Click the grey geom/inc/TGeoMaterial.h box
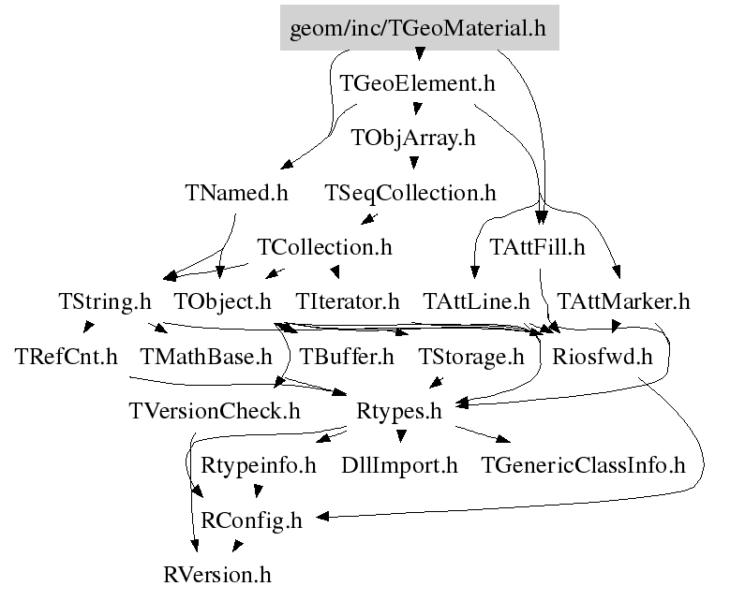click(x=418, y=27)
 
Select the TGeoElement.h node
click(x=417, y=83)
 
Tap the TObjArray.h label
click(x=413, y=139)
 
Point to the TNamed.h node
click(x=236, y=194)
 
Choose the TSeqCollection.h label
click(x=410, y=194)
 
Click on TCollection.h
click(x=324, y=248)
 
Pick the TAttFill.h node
click(x=538, y=248)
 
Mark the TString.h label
click(x=104, y=302)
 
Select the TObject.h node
click(x=223, y=302)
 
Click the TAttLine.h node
click(x=477, y=302)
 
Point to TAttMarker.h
click(x=623, y=302)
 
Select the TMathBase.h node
click(x=205, y=357)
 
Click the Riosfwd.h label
click(x=602, y=357)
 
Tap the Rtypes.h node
click(x=399, y=410)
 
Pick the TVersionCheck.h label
click(x=214, y=410)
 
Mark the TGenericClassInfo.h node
click(x=583, y=464)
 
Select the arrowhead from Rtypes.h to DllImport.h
click(x=401, y=437)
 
